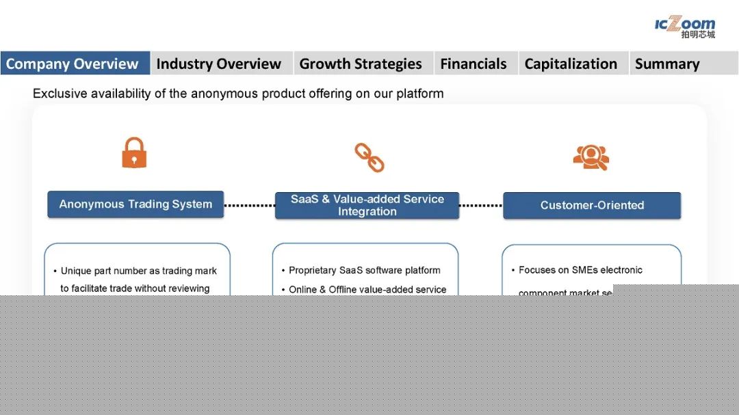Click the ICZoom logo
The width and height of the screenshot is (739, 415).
coord(684,27)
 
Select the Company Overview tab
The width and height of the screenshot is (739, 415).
coord(73,64)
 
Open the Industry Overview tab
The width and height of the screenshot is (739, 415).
coord(218,64)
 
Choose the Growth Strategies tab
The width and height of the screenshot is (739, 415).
coord(361,64)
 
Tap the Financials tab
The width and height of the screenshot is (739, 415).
coord(474,64)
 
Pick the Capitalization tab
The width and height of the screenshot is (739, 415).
coord(571,64)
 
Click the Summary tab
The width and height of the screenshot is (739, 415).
coord(667,64)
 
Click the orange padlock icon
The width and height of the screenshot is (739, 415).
coord(134,153)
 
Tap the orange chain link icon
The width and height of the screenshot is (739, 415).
coord(369,157)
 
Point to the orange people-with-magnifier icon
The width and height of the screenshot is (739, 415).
coord(591,157)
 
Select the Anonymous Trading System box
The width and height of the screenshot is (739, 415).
coord(135,204)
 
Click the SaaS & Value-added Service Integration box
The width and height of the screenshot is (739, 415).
coord(367,205)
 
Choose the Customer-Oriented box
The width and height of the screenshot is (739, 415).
coord(592,205)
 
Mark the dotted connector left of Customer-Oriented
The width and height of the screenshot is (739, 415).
coord(480,205)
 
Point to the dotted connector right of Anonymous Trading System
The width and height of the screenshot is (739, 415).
coord(249,205)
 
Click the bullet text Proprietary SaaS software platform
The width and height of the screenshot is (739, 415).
coord(364,270)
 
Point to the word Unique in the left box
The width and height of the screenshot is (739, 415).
coord(75,271)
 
